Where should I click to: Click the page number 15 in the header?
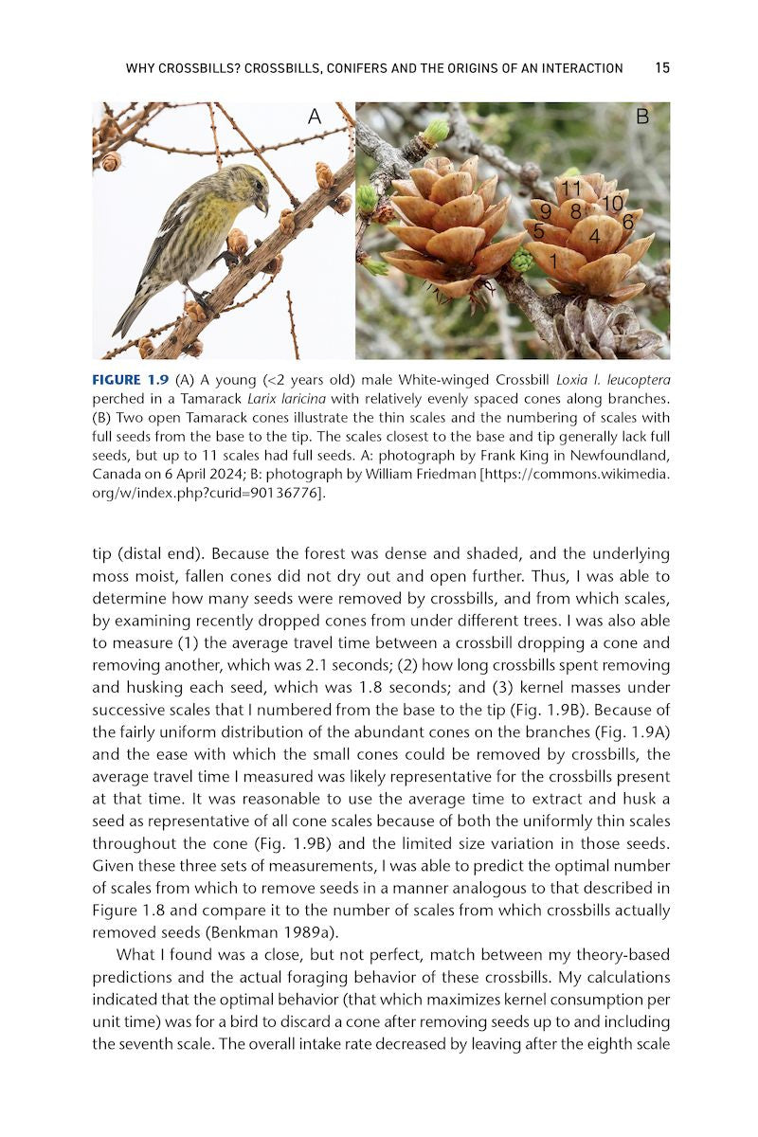coord(662,68)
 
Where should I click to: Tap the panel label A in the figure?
coord(315,117)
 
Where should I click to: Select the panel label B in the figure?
coord(642,117)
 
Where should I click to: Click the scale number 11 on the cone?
coord(569,189)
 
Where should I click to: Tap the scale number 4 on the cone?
coord(594,234)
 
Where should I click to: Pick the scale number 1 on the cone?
coord(553,258)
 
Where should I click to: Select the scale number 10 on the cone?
coord(612,203)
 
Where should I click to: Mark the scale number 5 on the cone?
coord(538,230)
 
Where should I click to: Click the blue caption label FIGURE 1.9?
coord(130,380)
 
